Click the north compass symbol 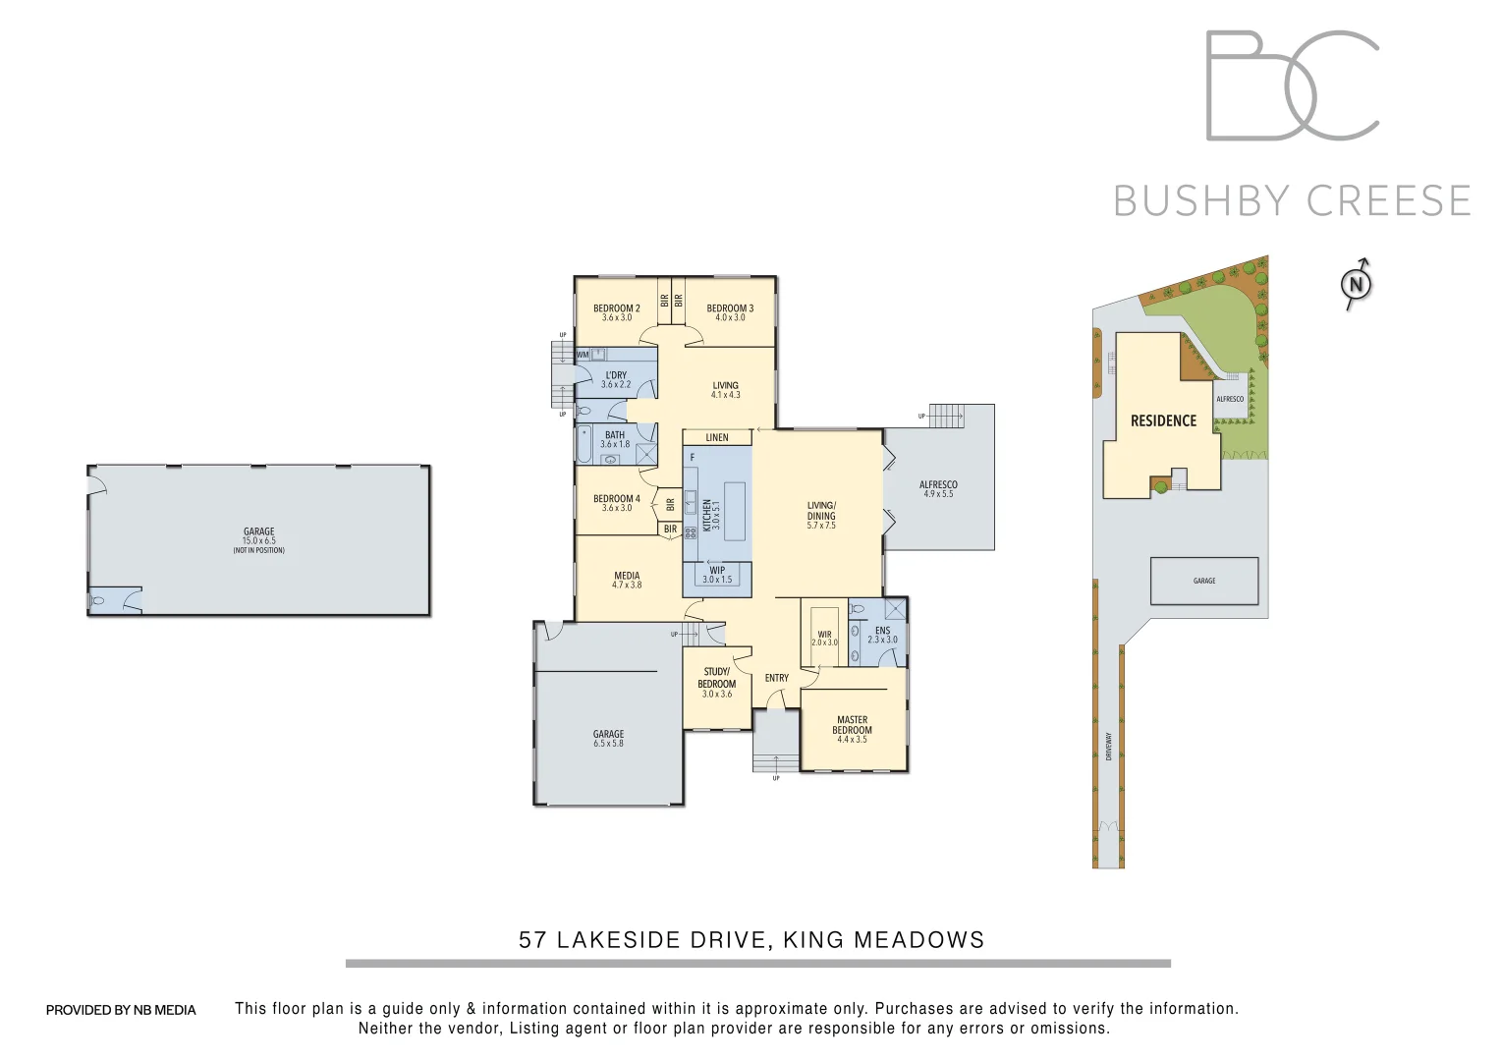pos(1356,284)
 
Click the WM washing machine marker pos(583,355)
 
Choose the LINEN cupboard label pos(717,437)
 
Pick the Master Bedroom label pos(852,725)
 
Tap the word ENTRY pos(776,678)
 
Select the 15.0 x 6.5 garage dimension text pos(259,541)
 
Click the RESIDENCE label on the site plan pos(1163,420)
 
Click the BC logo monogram pos(1292,85)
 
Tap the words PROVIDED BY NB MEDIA pos(121,1010)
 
